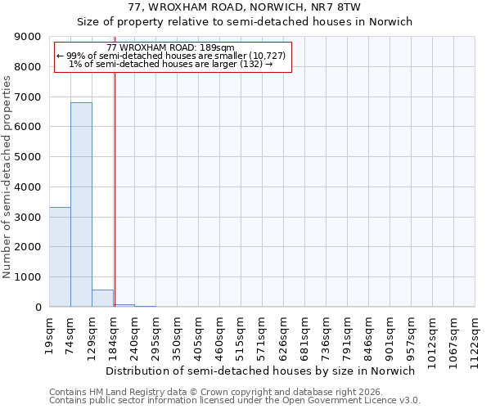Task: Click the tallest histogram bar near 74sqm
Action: (x=81, y=204)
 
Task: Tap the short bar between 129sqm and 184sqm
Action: (x=102, y=299)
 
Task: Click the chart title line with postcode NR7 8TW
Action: (x=245, y=7)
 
